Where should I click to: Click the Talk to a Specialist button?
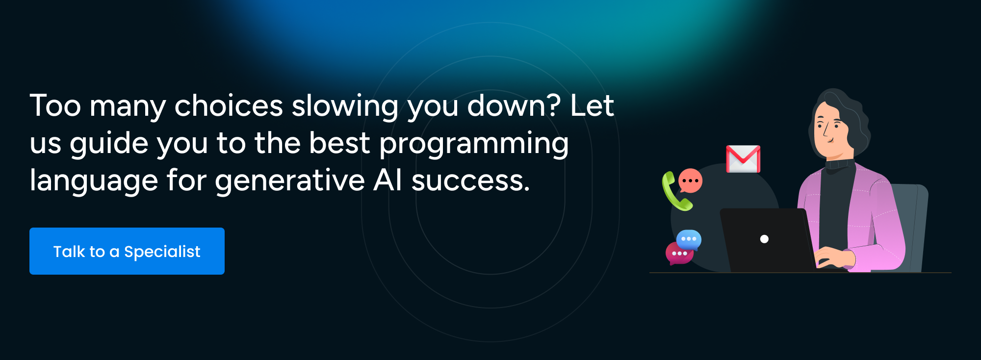click(127, 251)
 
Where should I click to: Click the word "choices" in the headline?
click(229, 105)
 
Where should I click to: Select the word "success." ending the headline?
click(471, 181)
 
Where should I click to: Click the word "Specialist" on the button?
click(162, 252)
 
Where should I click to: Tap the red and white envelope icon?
click(743, 159)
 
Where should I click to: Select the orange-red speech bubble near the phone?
click(690, 180)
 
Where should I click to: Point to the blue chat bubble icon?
click(689, 239)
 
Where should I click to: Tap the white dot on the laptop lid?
click(764, 239)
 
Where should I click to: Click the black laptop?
click(768, 240)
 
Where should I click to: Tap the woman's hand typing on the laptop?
click(834, 256)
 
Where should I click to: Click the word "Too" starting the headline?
click(55, 105)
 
